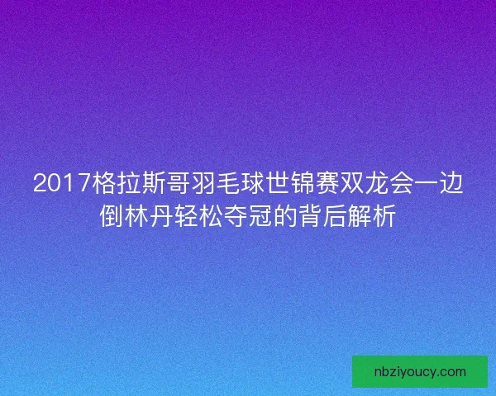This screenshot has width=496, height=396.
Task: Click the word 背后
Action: point(318,217)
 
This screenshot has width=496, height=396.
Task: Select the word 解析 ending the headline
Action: point(367,217)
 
